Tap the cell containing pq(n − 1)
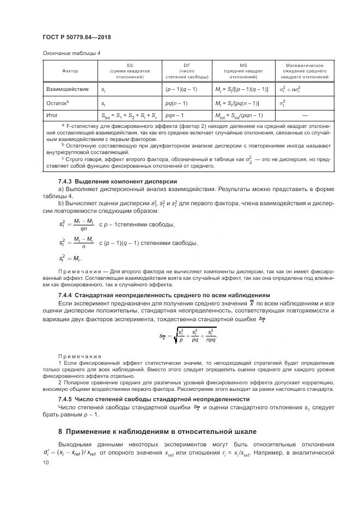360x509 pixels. (x=177, y=102)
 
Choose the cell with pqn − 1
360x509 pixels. (x=176, y=115)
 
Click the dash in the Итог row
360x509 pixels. (x=304, y=115)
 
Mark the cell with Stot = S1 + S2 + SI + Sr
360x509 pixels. (x=128, y=115)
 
